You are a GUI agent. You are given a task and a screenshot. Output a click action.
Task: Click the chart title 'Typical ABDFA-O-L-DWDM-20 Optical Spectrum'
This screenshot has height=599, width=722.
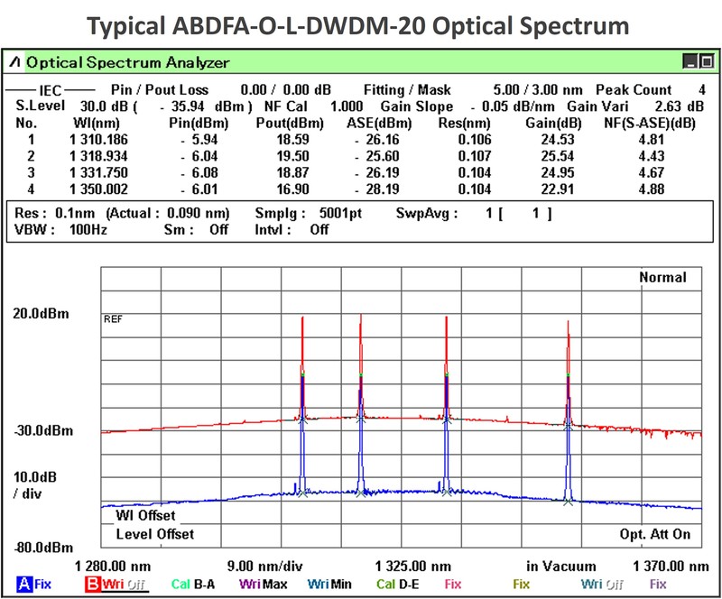click(360, 23)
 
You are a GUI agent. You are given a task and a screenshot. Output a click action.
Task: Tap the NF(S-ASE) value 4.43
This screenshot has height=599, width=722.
click(650, 156)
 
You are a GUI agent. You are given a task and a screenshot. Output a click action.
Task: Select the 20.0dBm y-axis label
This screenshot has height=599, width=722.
click(42, 314)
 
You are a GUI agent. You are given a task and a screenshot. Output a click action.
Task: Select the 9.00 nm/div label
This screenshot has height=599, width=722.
click(264, 566)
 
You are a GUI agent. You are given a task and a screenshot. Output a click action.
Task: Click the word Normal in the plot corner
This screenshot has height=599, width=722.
click(663, 278)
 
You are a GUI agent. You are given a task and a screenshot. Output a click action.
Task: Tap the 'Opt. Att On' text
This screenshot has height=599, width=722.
click(655, 534)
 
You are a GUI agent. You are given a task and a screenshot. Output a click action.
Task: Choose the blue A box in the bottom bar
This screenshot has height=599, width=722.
click(23, 585)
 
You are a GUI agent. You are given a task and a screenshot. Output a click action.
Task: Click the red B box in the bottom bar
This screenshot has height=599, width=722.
click(92, 585)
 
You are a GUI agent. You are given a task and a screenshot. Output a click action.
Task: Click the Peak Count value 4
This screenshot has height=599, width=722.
click(701, 90)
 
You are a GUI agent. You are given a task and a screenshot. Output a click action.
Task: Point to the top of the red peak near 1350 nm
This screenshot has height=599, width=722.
click(569, 321)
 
